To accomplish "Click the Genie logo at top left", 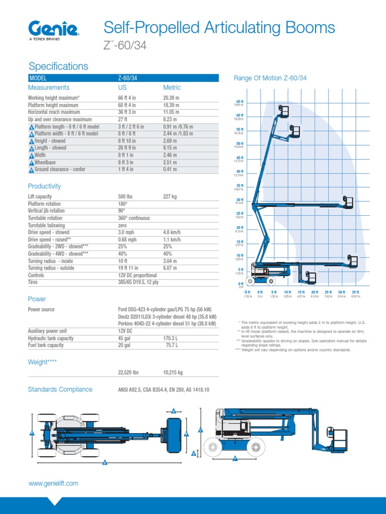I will point(54,29).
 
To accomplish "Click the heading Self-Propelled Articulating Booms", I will point(219,28).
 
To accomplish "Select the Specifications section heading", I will point(58,66).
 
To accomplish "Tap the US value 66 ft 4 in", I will point(127,97).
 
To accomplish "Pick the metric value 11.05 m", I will point(171,112).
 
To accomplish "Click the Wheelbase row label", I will point(45,163).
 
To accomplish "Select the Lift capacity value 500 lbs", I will point(126,197).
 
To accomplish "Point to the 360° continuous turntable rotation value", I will point(134,218).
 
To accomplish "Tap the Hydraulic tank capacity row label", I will point(51,338).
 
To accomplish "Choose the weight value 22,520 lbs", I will point(128,372).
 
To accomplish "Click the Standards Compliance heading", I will point(60,390).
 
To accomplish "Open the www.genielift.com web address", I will point(53,483).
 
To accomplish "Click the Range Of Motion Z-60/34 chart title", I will point(270,78).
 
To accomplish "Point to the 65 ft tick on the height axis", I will point(239,102).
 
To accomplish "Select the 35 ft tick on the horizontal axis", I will point(355,292).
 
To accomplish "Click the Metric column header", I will point(172,87).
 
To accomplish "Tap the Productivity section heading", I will point(44,186).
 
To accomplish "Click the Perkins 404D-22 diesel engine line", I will point(167,324).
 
